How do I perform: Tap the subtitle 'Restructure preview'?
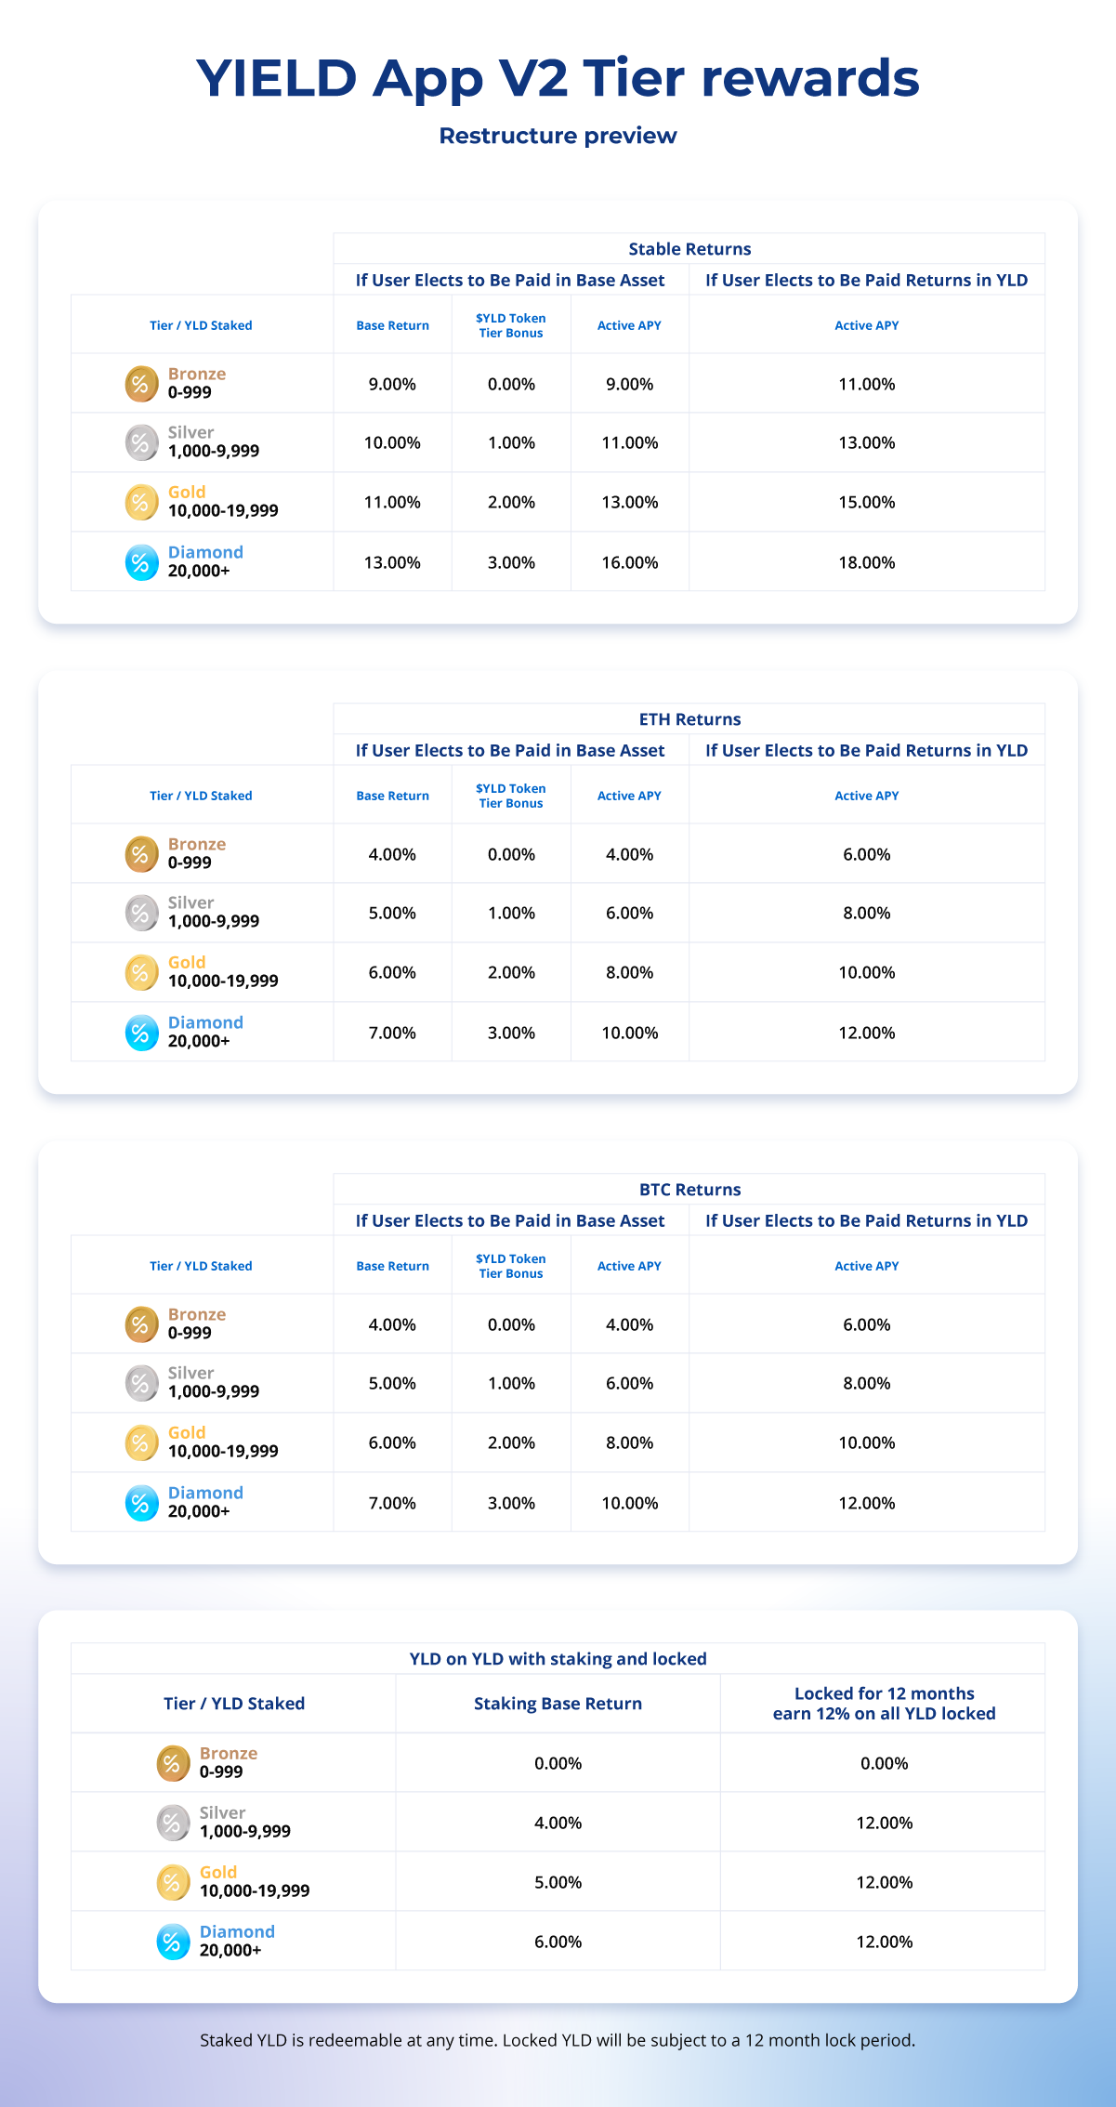pyautogui.click(x=558, y=136)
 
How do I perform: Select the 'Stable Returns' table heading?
pyautogui.click(x=689, y=249)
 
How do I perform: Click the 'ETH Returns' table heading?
pyautogui.click(x=689, y=719)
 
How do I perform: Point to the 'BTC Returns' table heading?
pyautogui.click(x=689, y=1190)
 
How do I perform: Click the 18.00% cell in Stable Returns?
pyautogui.click(x=866, y=562)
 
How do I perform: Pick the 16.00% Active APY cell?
pyautogui.click(x=629, y=562)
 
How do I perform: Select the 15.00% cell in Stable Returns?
pyautogui.click(x=866, y=502)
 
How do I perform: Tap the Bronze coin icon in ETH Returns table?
pyautogui.click(x=141, y=853)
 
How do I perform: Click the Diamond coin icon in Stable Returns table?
pyautogui.click(x=141, y=562)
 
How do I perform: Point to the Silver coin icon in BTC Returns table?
pyautogui.click(x=141, y=1383)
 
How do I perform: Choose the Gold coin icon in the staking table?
pyautogui.click(x=173, y=1882)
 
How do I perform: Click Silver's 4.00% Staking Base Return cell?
pyautogui.click(x=558, y=1823)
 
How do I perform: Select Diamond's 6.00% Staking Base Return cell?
pyautogui.click(x=558, y=1942)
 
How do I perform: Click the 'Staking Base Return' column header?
pyautogui.click(x=558, y=1703)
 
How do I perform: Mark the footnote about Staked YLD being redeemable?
pyautogui.click(x=558, y=2040)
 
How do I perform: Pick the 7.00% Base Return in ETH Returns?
pyautogui.click(x=392, y=1033)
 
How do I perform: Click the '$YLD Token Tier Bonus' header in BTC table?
pyautogui.click(x=510, y=1266)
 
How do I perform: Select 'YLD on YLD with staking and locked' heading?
pyautogui.click(x=558, y=1659)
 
